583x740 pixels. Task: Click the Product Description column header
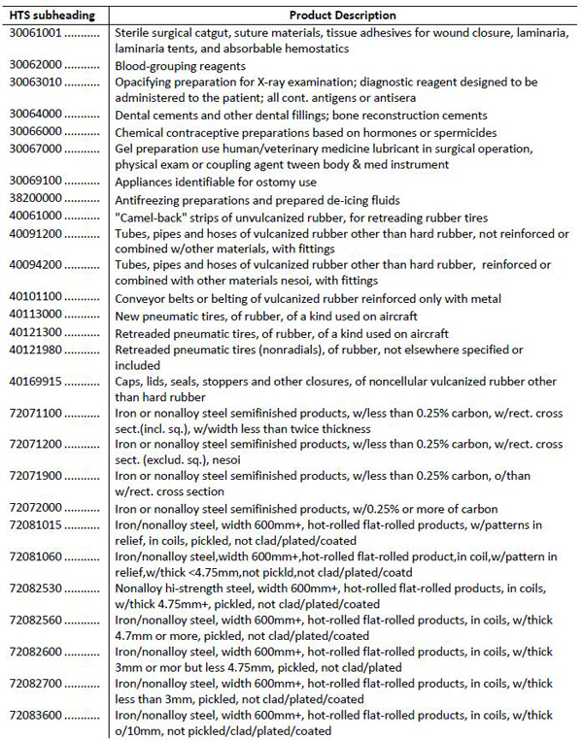343,16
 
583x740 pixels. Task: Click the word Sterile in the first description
133,32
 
